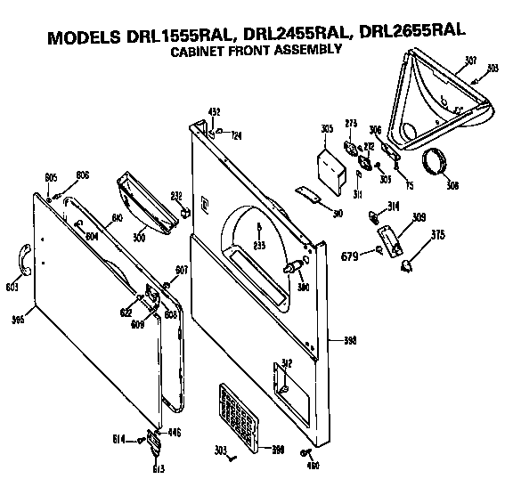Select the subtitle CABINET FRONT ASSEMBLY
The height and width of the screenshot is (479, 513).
click(255, 52)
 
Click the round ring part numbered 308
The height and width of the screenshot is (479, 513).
click(437, 165)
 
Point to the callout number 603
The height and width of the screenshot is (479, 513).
click(12, 288)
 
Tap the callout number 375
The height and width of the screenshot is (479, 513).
click(436, 235)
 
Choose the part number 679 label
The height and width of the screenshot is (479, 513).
click(349, 258)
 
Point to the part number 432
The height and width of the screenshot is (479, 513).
click(214, 111)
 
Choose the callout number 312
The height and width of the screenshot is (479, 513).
click(287, 362)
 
